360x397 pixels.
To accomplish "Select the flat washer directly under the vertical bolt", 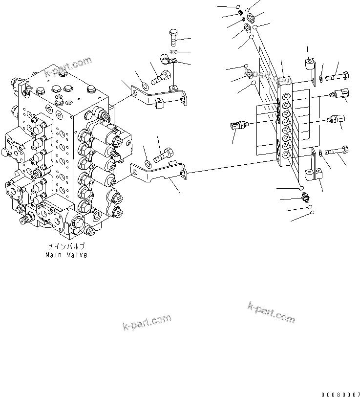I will point(174,51).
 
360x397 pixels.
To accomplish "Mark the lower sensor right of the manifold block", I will point(336,118).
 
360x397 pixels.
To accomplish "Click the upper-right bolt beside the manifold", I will point(337,76).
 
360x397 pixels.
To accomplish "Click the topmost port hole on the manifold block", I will point(286,96).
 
